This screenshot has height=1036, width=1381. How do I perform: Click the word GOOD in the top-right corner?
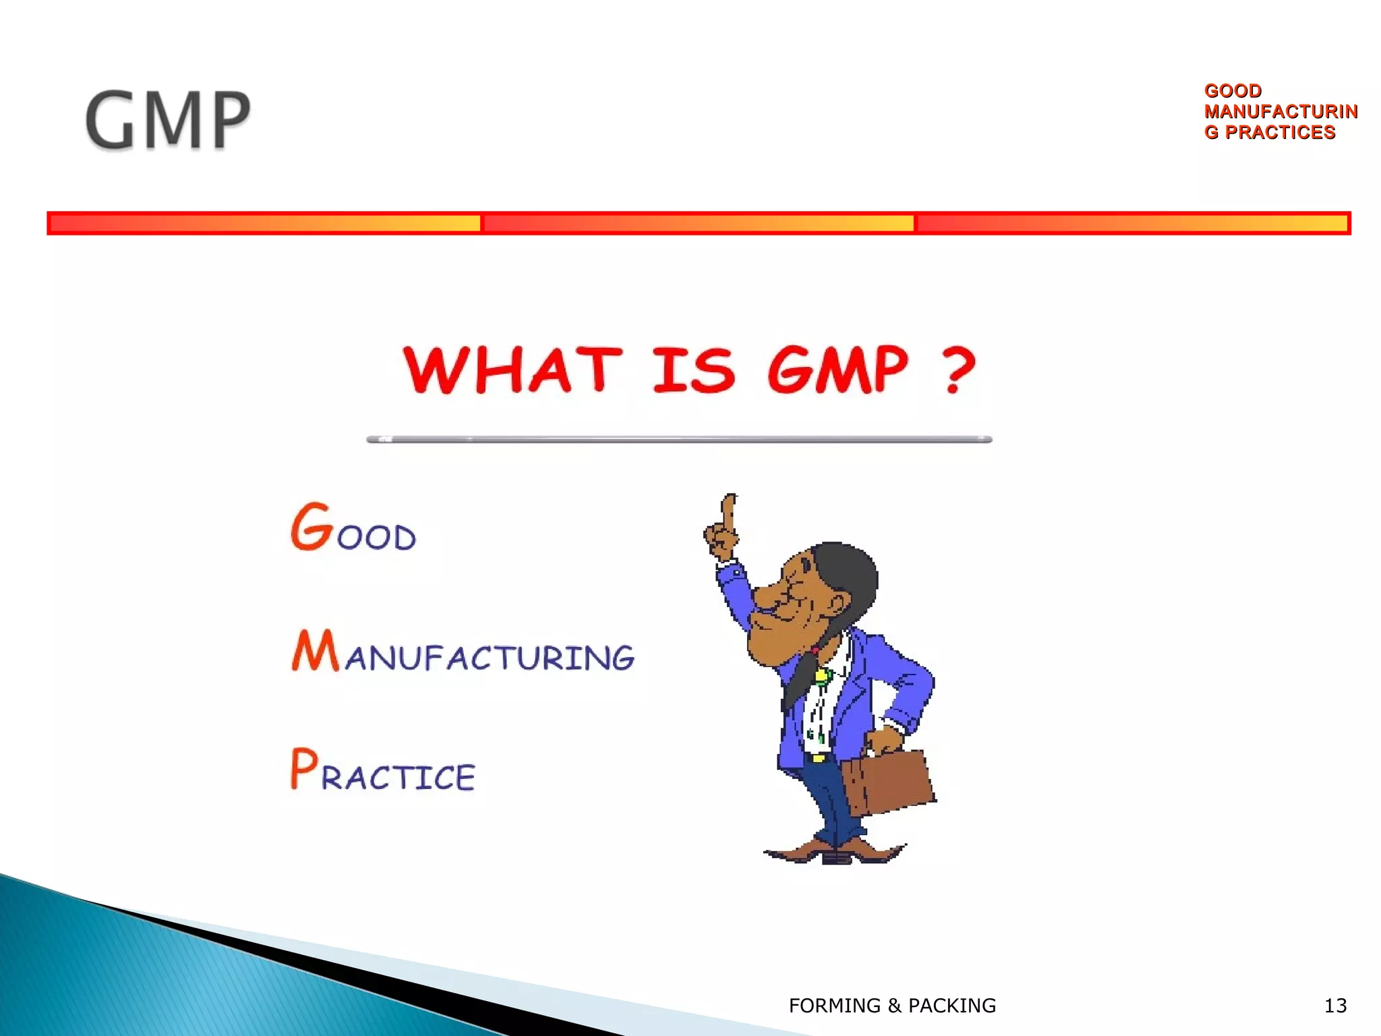pos(1233,90)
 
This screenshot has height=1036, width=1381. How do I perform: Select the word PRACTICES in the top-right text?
pos(1280,132)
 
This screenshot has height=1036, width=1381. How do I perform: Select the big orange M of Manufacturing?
pos(314,650)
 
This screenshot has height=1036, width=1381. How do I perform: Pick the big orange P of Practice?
pos(303,768)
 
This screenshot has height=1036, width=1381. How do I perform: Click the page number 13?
pos(1335,1006)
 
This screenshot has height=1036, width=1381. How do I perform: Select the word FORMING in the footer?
pos(834,1006)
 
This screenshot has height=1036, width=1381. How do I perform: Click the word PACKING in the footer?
pos(951,1006)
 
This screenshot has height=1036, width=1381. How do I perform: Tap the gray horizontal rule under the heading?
pos(679,440)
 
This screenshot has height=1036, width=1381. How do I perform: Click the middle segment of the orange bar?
pos(698,223)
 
